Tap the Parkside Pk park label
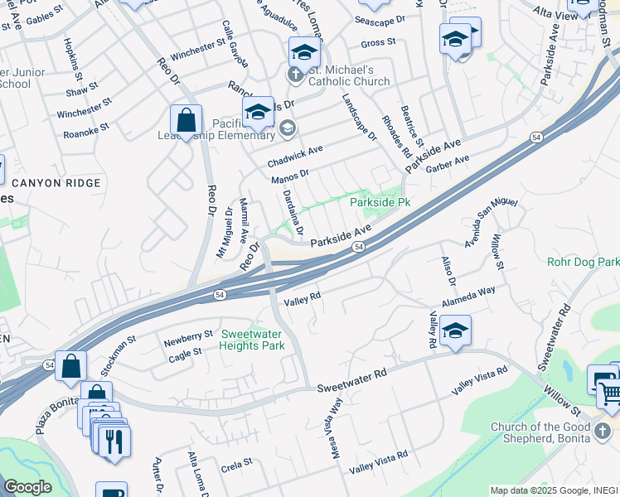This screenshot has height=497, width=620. (380, 202)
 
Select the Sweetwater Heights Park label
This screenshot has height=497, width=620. (252, 340)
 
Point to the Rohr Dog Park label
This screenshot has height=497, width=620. (583, 262)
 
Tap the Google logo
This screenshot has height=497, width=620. (27, 486)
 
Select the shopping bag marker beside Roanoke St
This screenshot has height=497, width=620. (186, 120)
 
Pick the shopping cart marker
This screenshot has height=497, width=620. (610, 392)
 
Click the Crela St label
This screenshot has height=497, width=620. (236, 466)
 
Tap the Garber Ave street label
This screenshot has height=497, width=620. (448, 164)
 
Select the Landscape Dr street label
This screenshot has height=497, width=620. (359, 117)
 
